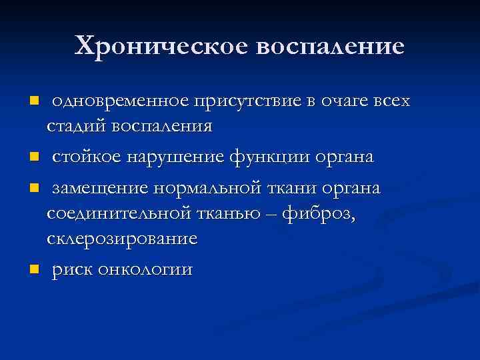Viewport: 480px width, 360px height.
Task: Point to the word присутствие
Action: pyautogui.click(x=247, y=101)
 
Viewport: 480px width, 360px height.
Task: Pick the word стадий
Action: pyautogui.click(x=74, y=126)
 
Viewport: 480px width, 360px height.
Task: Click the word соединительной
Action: pyautogui.click(x=110, y=213)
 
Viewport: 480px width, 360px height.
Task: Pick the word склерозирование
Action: pyautogui.click(x=122, y=239)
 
